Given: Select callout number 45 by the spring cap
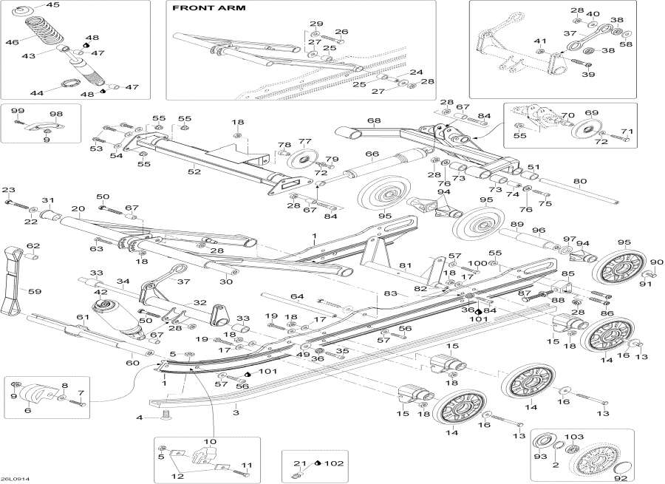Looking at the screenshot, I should (52, 5).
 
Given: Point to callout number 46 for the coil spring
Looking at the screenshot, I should (11, 43).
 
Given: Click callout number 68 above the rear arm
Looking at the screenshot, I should (374, 120).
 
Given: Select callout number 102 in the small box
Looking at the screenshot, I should (335, 463).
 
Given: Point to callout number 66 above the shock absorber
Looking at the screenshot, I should (372, 154).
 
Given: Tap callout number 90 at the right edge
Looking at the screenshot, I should (657, 262).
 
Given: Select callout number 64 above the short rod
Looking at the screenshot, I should (297, 297).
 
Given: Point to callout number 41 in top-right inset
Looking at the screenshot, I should (539, 41).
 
